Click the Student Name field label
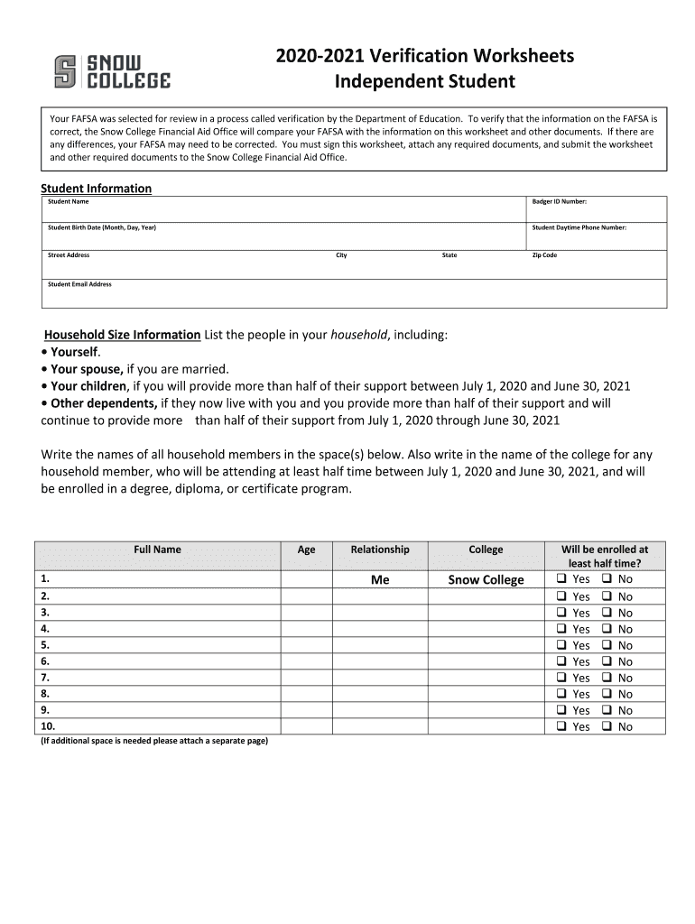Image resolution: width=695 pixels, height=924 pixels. tap(68, 201)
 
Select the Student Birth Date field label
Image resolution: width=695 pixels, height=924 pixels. tap(101, 227)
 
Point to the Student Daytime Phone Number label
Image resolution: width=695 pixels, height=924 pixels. tap(579, 227)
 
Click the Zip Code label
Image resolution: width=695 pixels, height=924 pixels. tap(544, 255)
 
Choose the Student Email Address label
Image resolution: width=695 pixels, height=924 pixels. tap(79, 284)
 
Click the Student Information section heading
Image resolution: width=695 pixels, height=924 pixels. tap(96, 188)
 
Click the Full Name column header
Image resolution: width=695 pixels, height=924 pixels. tap(157, 550)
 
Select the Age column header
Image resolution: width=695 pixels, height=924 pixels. tap(307, 550)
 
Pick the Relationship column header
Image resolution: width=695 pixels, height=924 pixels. tap(380, 550)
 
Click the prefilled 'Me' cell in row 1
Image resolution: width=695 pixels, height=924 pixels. tap(380, 580)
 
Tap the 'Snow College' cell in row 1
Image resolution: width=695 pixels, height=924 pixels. tap(486, 580)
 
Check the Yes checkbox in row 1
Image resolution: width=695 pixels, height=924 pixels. tap(561, 579)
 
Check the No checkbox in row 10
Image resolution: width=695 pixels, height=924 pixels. tap(607, 726)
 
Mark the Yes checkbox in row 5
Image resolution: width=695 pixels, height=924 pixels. tap(561, 645)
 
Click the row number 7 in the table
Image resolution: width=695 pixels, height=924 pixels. tap(45, 677)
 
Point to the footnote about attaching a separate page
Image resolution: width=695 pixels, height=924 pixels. tap(154, 741)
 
